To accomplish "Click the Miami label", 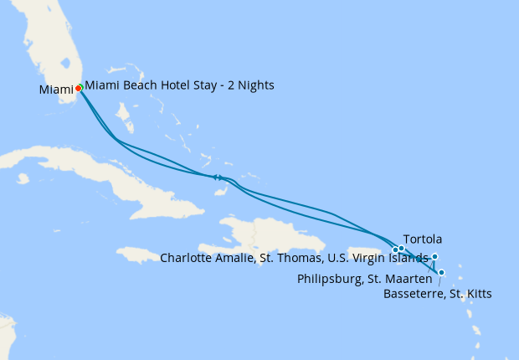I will tap(55, 90).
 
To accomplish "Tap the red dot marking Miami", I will tap(78, 87).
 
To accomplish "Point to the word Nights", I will tap(254, 85).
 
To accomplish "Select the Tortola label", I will tap(423, 239).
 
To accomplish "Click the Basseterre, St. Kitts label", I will tap(437, 293).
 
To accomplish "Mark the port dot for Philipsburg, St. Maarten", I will tap(434, 257).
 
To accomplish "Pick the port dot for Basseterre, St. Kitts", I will tap(441, 272).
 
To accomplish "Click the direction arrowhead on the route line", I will tap(216, 177).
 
